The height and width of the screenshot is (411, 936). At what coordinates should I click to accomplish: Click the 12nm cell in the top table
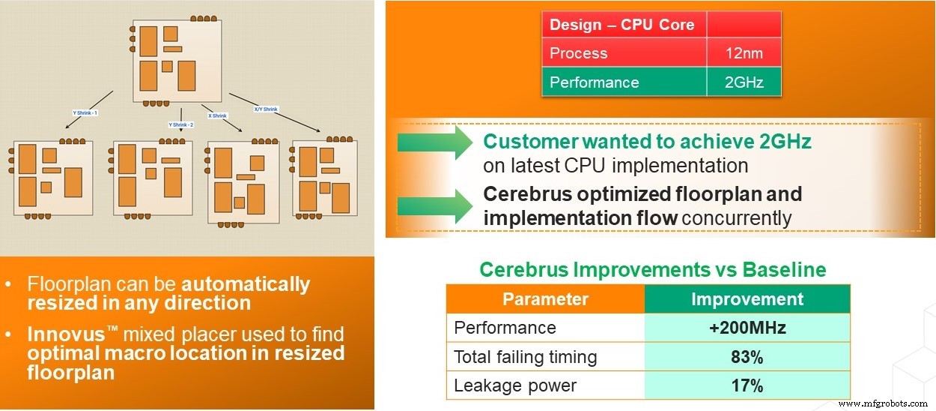(x=744, y=53)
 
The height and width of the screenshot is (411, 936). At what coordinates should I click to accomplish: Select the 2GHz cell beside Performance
(x=744, y=82)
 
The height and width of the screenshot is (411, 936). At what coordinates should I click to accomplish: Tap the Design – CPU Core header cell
(x=622, y=25)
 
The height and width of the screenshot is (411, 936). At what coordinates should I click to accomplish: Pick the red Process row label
(x=579, y=53)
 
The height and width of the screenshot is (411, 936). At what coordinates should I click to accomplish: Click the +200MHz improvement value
(x=747, y=328)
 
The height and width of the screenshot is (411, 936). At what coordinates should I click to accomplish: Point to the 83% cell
(x=747, y=357)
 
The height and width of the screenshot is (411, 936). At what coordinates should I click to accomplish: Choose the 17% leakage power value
(x=747, y=386)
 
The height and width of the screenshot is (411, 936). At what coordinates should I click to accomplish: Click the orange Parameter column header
(x=545, y=299)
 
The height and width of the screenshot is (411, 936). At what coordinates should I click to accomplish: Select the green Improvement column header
(x=747, y=299)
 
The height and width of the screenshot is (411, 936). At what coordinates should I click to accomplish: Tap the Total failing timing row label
(x=526, y=357)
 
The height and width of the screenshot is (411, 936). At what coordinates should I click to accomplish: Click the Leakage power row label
(x=515, y=386)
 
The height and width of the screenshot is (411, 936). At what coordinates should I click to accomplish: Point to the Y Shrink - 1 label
(x=85, y=112)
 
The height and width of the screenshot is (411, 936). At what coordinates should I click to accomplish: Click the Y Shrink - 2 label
(x=180, y=124)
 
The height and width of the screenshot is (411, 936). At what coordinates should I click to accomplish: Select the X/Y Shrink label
(x=266, y=109)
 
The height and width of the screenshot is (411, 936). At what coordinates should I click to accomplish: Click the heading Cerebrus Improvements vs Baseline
(x=652, y=269)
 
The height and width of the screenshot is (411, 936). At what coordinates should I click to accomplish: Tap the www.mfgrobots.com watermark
(x=885, y=403)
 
